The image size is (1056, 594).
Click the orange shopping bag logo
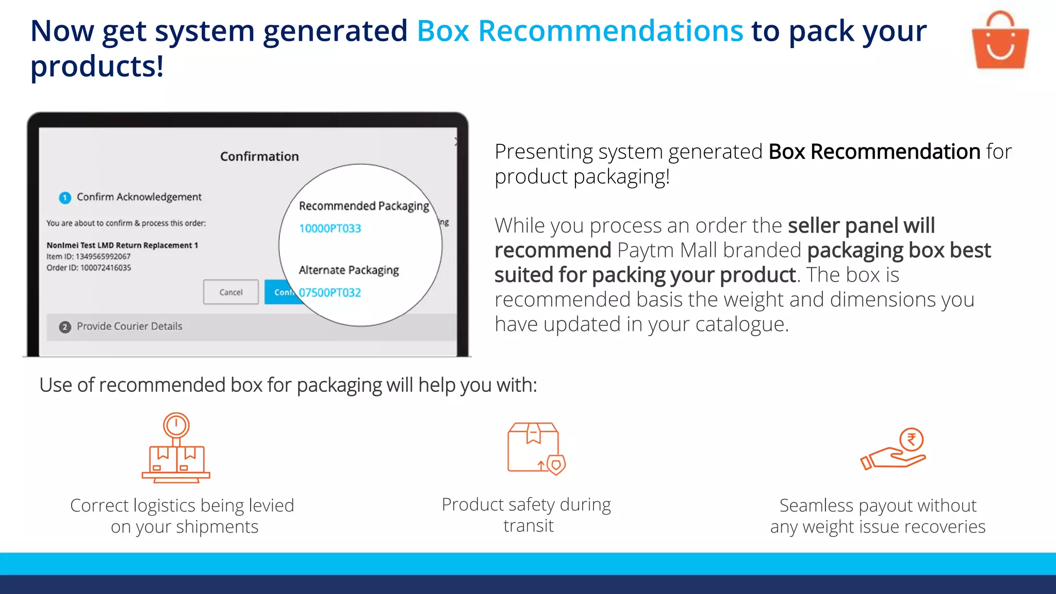[x=1000, y=41]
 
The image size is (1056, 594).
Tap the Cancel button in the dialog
[x=230, y=292]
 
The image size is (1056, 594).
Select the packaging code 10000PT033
[x=330, y=228]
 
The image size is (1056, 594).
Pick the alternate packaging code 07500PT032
[x=330, y=293]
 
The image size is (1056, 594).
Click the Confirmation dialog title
[x=259, y=157]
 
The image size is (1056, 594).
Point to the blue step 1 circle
[x=65, y=197]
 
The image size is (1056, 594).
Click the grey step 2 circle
[x=65, y=327]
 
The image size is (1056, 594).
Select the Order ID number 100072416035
[x=106, y=268]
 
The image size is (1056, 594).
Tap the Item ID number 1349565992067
[x=103, y=256]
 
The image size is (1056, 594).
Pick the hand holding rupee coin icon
[x=894, y=449]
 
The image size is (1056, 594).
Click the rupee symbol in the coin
[x=911, y=440]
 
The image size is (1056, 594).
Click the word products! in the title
[x=97, y=67]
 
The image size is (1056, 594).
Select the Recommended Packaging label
[x=364, y=206]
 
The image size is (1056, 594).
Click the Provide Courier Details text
[x=129, y=326]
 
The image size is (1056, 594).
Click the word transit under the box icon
[x=529, y=526]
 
